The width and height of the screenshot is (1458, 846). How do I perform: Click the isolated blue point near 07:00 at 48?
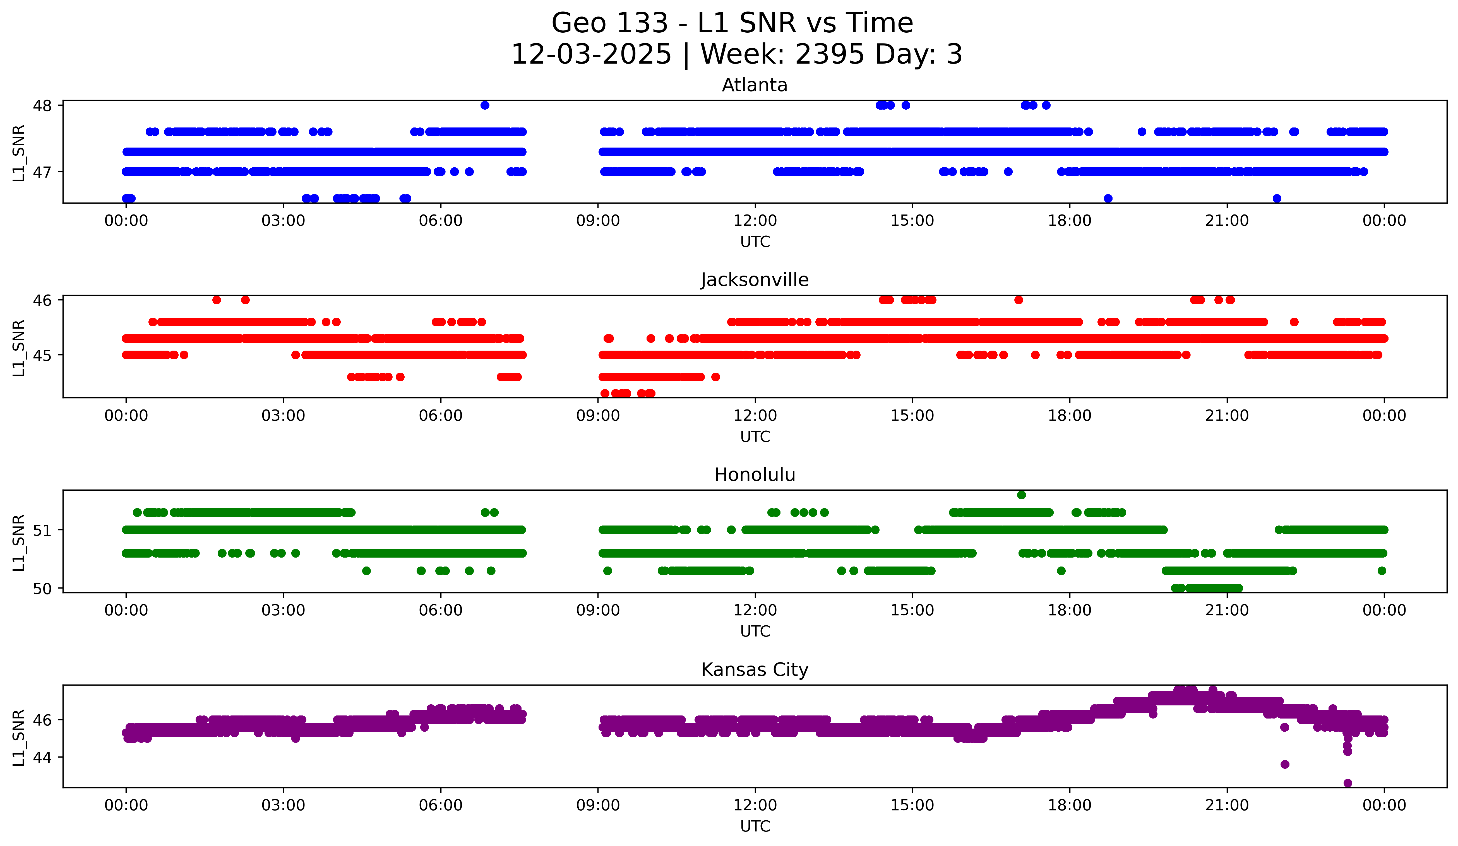point(485,105)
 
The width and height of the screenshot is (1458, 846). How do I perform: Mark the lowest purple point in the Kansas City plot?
point(1347,783)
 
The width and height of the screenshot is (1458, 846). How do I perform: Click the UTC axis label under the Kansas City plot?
point(755,826)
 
